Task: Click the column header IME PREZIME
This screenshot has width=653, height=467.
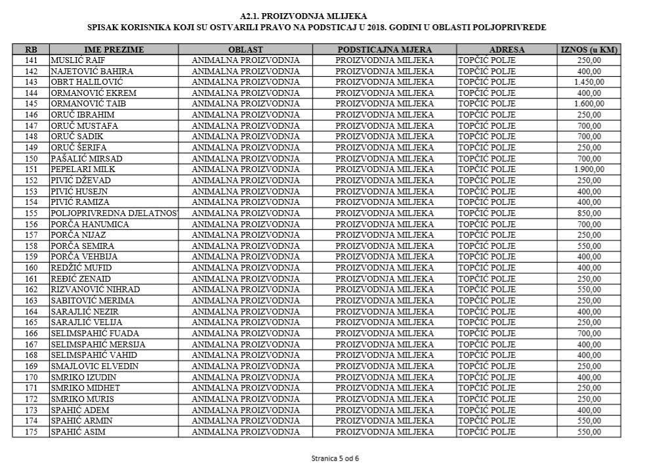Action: click(114, 49)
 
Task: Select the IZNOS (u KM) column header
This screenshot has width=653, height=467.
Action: click(589, 49)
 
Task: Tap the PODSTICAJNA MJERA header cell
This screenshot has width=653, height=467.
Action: click(384, 49)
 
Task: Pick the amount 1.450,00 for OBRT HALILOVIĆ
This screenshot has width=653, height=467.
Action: click(589, 82)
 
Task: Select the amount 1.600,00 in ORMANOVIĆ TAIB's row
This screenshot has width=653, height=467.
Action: click(589, 104)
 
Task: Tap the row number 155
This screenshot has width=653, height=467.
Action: click(31, 213)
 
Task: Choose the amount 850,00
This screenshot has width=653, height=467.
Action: click(589, 213)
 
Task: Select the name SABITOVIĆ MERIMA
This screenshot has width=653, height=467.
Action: click(92, 301)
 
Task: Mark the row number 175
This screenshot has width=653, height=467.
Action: click(31, 432)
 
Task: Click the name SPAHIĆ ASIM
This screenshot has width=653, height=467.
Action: click(78, 432)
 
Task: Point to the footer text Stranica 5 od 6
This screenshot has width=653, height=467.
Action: click(335, 458)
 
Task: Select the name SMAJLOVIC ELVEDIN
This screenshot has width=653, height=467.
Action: click(95, 367)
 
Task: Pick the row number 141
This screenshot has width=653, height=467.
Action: click(31, 60)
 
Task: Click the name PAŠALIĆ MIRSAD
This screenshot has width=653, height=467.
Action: click(86, 158)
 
